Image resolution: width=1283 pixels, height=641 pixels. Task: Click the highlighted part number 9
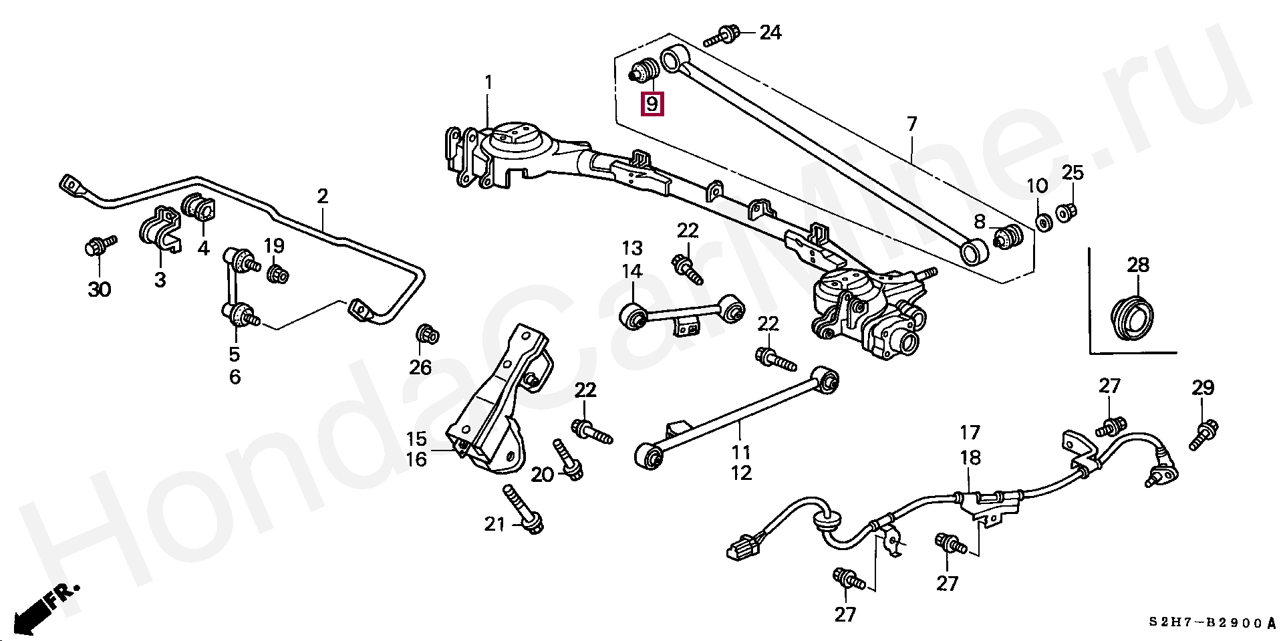point(652,104)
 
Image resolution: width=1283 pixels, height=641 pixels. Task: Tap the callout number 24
point(770,32)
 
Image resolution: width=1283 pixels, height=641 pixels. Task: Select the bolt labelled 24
point(721,34)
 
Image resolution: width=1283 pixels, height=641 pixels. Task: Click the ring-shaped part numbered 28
point(1133,315)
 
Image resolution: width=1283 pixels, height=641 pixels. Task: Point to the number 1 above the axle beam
point(488,83)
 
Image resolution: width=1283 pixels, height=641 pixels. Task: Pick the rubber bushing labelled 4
point(197,205)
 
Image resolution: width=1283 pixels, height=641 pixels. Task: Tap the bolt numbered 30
point(97,246)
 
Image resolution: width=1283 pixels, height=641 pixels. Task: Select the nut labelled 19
point(277,273)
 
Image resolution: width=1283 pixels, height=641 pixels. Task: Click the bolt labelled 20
point(568,461)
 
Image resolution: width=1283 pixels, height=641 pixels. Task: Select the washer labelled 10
point(1042,220)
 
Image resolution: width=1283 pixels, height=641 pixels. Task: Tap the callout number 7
point(911,124)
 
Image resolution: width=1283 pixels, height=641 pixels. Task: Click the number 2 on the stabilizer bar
point(322,196)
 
